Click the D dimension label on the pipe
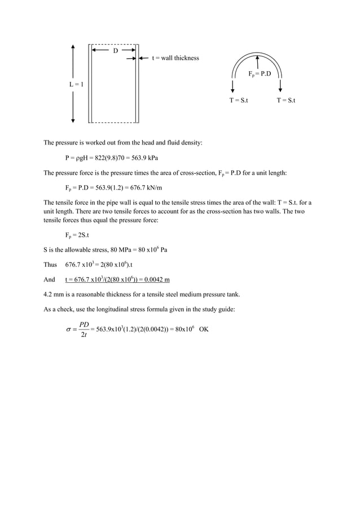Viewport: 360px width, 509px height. coord(116,51)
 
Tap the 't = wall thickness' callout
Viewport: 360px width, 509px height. coord(175,58)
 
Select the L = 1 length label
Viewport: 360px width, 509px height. coord(77,85)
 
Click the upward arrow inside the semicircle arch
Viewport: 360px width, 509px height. coord(257,62)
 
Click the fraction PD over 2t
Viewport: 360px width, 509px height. coord(84,329)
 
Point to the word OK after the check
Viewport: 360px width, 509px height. coord(204,329)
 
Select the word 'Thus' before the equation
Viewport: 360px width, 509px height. coord(50,264)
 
